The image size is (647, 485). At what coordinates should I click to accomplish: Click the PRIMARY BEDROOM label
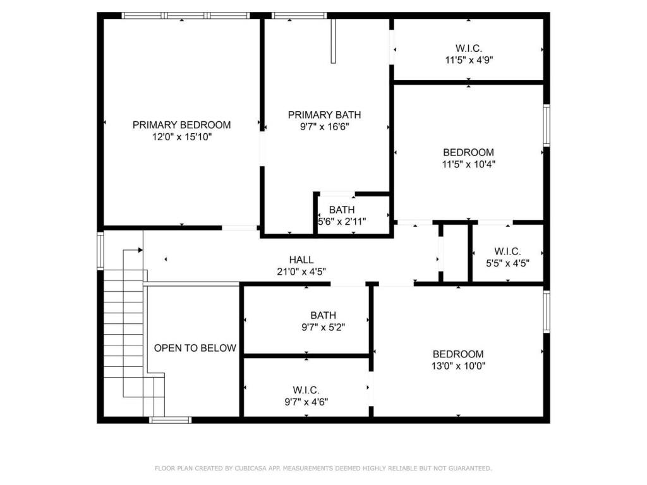pos(181,125)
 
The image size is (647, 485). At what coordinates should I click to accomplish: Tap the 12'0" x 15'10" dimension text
pos(181,136)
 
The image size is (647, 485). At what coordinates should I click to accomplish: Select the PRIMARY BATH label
pos(324,115)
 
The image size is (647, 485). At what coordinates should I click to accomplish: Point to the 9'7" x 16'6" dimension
pos(324,126)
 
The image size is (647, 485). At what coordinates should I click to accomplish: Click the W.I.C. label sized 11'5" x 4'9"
pos(468,49)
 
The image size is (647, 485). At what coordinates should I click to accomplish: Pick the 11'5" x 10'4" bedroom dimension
pos(468,164)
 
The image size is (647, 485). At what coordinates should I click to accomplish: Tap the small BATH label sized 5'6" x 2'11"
pos(342,210)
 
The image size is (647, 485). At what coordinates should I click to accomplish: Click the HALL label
pos(301,260)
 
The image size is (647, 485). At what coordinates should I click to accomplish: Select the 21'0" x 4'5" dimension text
pos(301,272)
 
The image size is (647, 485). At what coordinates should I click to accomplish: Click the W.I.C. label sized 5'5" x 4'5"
pos(507,251)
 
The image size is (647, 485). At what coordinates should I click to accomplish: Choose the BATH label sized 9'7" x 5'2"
pos(323,316)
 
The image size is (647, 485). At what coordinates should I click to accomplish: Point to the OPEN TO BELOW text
pos(195,348)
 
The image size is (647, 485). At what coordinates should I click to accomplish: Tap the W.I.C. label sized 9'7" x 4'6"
pos(306,390)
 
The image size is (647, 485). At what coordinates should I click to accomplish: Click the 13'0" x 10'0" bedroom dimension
pos(458,366)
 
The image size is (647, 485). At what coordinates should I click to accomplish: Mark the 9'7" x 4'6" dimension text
pos(306,402)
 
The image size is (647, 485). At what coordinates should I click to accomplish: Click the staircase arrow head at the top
pos(140,250)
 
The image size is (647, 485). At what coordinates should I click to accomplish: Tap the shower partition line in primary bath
pos(333,41)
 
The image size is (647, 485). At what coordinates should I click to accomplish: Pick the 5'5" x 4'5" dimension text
pos(507,263)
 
